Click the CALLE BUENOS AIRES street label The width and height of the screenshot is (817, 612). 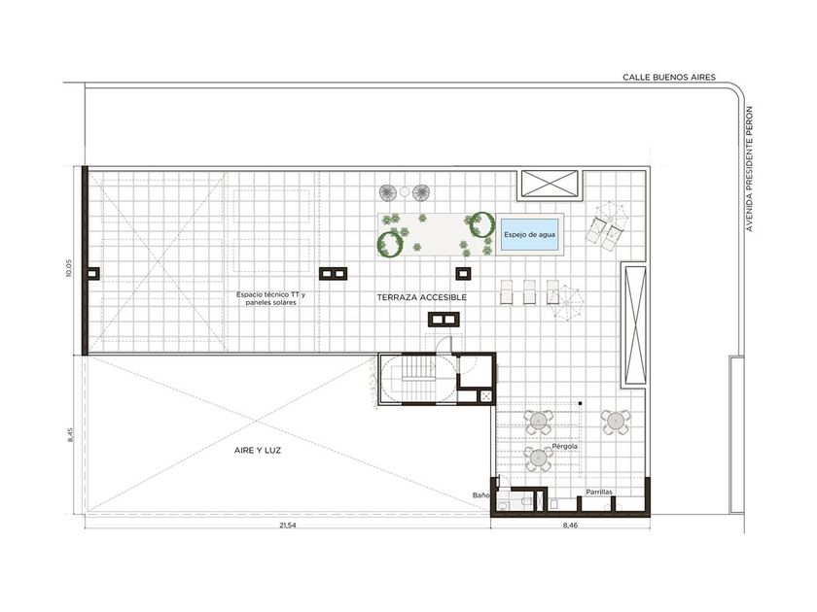click(669, 77)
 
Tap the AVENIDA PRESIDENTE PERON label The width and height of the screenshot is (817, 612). click(749, 169)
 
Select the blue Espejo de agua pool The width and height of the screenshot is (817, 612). click(529, 235)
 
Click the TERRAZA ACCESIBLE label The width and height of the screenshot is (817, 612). click(422, 297)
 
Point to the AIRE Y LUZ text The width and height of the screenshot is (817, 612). click(258, 451)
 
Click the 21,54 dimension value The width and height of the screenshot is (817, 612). click(288, 526)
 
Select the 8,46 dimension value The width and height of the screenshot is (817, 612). click(570, 526)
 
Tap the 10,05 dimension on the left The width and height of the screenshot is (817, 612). click(70, 268)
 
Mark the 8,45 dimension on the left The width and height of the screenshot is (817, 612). click(71, 435)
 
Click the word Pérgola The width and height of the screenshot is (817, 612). click(565, 447)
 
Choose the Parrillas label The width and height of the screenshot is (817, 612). click(599, 492)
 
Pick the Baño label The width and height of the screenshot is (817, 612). click(480, 495)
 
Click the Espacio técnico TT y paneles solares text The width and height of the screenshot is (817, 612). click(271, 298)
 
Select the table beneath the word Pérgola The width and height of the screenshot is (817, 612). click(539, 459)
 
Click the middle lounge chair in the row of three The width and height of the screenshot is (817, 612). click(529, 292)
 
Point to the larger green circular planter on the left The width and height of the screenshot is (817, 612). click(390, 244)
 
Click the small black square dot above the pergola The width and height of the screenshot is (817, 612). click(580, 403)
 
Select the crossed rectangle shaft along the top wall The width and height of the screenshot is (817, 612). click(548, 185)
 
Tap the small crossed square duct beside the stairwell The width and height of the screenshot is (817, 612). click(485, 397)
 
